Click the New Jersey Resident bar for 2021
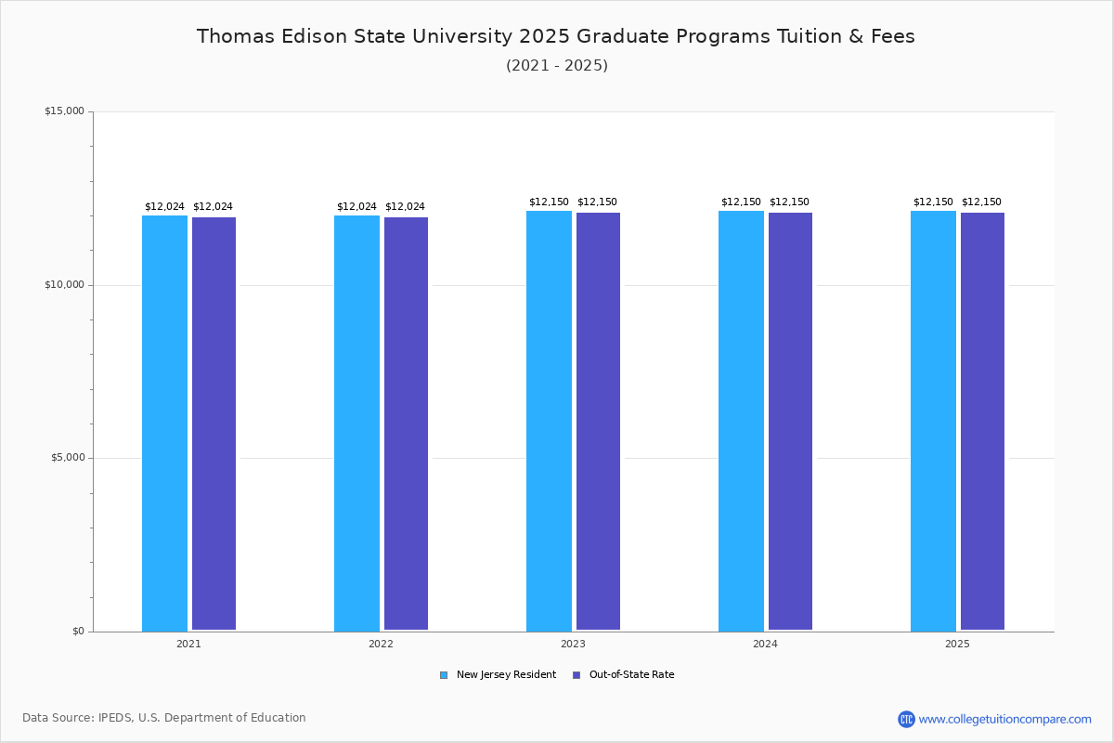(x=164, y=423)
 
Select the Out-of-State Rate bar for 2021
(x=214, y=424)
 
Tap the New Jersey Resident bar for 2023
(x=549, y=421)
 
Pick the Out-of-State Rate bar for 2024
(x=790, y=422)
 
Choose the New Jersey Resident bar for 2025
(x=933, y=421)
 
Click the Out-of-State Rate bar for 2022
(x=406, y=424)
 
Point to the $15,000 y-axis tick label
(x=64, y=111)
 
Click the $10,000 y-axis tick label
(x=64, y=285)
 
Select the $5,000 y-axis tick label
(x=67, y=458)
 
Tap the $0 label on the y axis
(x=77, y=632)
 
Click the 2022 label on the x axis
(x=381, y=644)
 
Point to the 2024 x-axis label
(x=765, y=644)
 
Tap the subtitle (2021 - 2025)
(x=557, y=66)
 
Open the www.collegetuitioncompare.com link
(x=1004, y=719)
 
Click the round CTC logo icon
(x=906, y=719)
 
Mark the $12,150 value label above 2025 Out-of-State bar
(x=981, y=202)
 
